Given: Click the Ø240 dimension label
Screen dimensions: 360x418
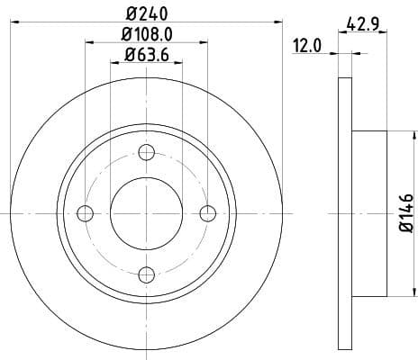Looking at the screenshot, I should coord(147,13).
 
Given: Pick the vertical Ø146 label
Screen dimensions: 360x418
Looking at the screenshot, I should coord(405,213).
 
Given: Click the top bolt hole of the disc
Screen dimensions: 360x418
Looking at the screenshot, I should coord(147,152).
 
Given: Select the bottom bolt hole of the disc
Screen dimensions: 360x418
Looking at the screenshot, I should coord(147,274).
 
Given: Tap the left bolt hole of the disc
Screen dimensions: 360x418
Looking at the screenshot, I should coord(86,213).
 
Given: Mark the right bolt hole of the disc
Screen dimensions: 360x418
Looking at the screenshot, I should coord(208,213).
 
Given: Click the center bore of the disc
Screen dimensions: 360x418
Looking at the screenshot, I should coord(147,213).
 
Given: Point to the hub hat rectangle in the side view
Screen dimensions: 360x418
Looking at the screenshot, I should coord(368,213).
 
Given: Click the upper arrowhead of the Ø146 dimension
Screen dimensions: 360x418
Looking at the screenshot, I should coord(395,134).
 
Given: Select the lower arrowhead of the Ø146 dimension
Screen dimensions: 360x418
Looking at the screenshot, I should coord(395,292).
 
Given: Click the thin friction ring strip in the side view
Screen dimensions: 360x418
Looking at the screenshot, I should coord(344,213).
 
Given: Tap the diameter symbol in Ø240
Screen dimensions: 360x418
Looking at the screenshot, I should coord(131,13).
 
